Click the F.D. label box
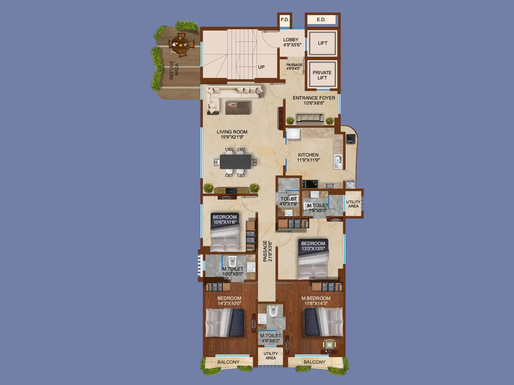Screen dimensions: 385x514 tap(285, 20)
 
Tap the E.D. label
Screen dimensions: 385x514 tap(321, 20)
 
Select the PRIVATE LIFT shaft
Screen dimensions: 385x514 tap(322, 75)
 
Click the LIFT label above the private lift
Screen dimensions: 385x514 tap(323, 43)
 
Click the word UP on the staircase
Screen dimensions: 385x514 tap(261, 67)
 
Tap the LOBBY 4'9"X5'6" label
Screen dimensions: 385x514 tap(292, 42)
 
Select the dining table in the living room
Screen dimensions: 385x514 tap(235, 162)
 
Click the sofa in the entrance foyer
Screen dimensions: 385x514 tap(310, 119)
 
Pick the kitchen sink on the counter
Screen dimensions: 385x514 tap(338, 161)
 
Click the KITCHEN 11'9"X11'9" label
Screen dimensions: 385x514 tap(308, 157)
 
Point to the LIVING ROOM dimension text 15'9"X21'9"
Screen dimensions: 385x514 tap(232, 137)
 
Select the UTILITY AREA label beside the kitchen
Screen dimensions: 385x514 tap(353, 204)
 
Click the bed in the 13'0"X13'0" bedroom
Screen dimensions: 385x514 tap(313, 263)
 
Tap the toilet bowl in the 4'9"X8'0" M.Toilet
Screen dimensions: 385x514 tap(273, 311)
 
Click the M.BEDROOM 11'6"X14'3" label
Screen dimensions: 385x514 tap(316, 301)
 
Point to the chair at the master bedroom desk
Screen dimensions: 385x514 tap(329, 345)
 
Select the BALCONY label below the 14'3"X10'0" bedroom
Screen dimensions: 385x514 tap(228, 362)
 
